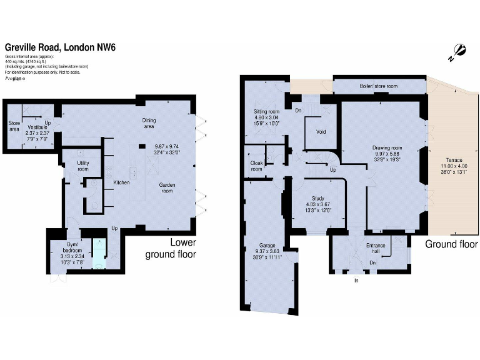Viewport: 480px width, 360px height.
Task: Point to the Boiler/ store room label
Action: coord(377,86)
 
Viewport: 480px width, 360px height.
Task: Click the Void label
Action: coord(321,132)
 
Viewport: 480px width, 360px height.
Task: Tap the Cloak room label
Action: coord(256,165)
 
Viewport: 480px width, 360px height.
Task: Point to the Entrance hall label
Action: coord(375,247)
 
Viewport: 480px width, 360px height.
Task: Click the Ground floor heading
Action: coord(452,244)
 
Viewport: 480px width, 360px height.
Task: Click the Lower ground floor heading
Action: coord(171,248)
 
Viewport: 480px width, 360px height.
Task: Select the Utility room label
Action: coord(83,165)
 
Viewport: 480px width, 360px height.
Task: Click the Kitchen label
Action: coord(121,182)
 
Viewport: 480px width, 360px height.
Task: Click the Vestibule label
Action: coord(36,127)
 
